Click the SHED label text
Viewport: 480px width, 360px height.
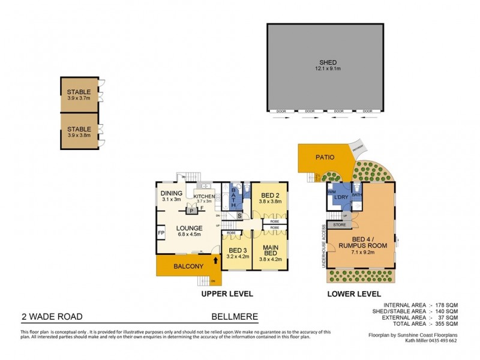point(327,62)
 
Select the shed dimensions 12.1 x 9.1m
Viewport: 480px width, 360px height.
point(327,69)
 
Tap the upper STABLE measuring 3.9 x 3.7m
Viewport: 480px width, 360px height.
point(79,95)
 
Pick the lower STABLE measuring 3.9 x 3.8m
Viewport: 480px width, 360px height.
point(79,132)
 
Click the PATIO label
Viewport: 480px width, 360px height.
point(325,158)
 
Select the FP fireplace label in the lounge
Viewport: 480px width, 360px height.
point(160,233)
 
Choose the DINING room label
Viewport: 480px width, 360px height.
point(172,193)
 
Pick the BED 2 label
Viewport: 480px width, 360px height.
point(269,196)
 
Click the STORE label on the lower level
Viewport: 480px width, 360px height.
point(340,225)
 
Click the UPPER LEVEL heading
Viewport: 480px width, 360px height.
point(227,294)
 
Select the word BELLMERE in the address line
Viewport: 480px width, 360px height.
point(235,317)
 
